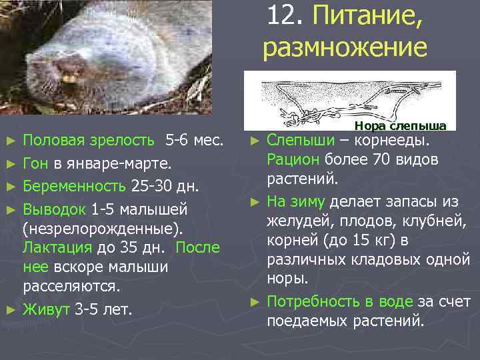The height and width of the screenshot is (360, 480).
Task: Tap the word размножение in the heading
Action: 344,49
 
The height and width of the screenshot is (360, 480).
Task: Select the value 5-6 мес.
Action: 194,141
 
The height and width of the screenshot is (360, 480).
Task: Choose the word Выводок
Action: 55,209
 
